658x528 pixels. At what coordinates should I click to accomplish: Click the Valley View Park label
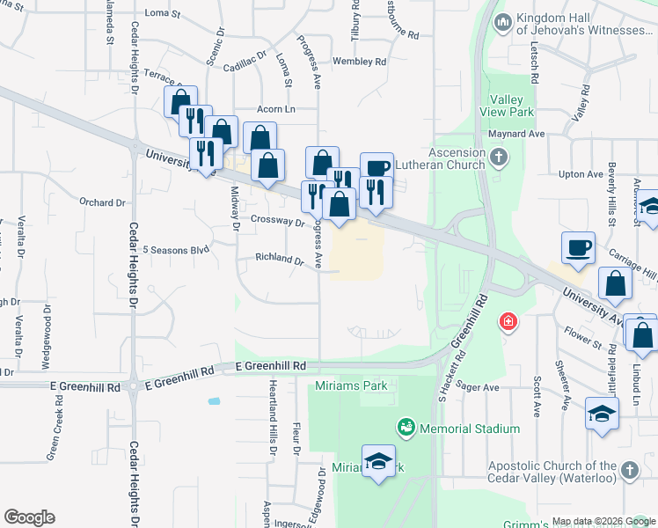pos(507,106)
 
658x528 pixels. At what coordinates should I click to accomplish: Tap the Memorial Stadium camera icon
pos(406,429)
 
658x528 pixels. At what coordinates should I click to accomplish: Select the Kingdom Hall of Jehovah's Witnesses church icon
pos(503,22)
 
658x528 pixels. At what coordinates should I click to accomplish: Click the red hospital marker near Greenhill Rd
pos(508,322)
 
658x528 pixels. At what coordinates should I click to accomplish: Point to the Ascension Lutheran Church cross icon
pos(499,158)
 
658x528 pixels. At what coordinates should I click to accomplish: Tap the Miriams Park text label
pos(351,386)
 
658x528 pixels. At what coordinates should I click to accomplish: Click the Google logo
pos(29,517)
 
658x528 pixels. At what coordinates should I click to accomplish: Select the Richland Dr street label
pos(279,260)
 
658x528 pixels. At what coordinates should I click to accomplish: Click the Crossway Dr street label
pos(276,220)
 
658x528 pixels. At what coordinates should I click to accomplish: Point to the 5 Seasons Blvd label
pos(176,250)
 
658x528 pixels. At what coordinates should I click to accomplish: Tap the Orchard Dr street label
pos(102,202)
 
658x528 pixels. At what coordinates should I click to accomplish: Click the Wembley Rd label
pos(359,62)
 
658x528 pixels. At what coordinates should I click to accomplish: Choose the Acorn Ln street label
pos(275,109)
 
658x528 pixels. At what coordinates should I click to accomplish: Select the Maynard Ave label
pos(517,134)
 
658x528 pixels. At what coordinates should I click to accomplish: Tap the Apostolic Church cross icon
pos(629,472)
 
